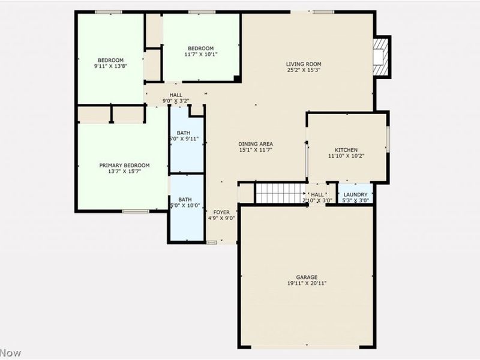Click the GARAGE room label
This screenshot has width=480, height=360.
click(x=306, y=277)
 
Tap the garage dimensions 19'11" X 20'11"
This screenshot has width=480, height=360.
click(x=306, y=283)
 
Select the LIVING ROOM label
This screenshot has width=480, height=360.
click(x=304, y=64)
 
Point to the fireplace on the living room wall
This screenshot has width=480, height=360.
click(x=380, y=56)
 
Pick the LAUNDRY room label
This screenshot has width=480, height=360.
click(x=356, y=194)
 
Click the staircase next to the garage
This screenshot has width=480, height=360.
click(x=281, y=193)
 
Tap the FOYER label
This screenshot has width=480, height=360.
click(x=221, y=212)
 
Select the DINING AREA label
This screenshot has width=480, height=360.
click(x=256, y=143)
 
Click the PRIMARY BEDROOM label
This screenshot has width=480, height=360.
click(x=124, y=165)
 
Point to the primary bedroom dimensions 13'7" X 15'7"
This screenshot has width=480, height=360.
click(x=124, y=172)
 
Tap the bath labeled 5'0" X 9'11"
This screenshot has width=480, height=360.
click(x=185, y=136)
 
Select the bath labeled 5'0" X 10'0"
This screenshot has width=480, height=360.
click(x=185, y=203)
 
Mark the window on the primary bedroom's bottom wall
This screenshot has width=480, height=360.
click(x=136, y=211)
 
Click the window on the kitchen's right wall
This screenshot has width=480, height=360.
click(x=388, y=139)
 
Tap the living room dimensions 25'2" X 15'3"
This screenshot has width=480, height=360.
click(x=304, y=70)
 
